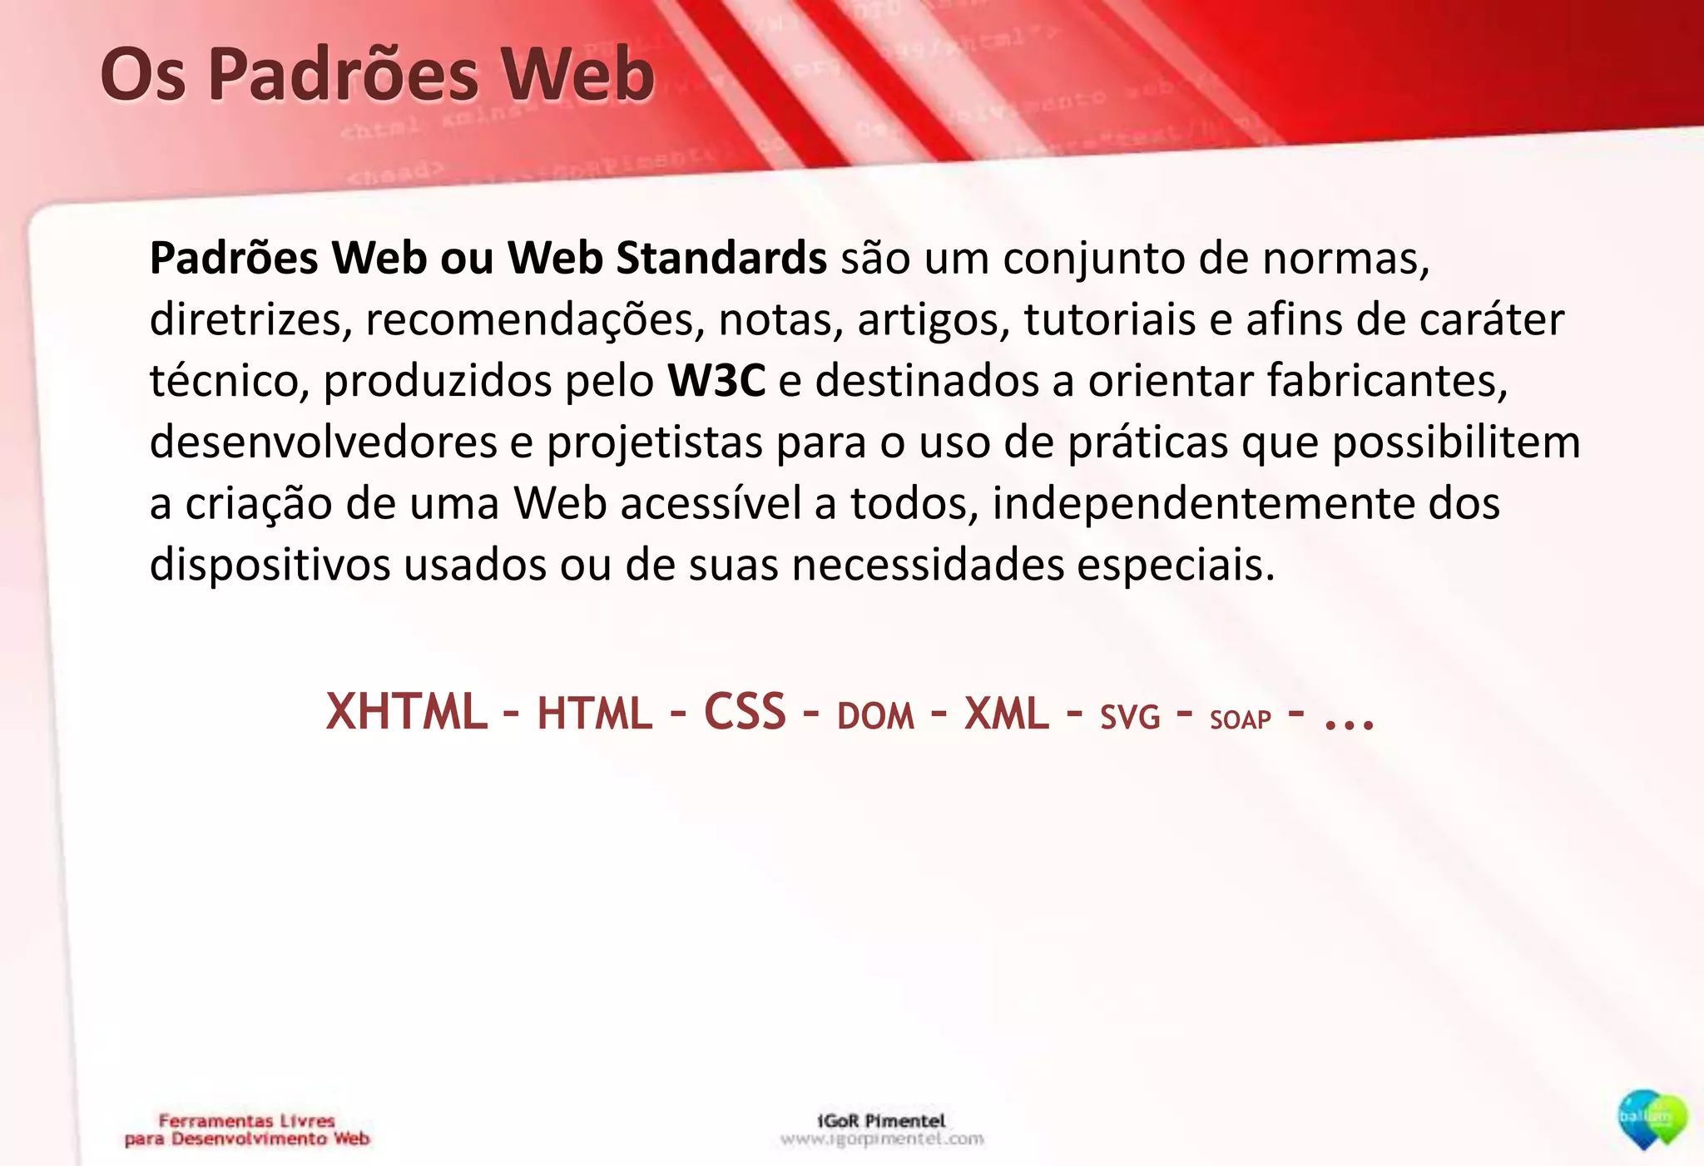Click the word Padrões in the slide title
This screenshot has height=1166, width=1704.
tap(344, 75)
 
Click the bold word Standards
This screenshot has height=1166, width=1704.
tap(721, 258)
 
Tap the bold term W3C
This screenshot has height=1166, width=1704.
tap(716, 381)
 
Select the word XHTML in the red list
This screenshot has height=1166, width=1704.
tap(406, 713)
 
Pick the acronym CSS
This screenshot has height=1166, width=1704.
tap(745, 713)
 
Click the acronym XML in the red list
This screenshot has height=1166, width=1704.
tap(1006, 714)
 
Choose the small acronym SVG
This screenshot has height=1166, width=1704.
tap(1130, 718)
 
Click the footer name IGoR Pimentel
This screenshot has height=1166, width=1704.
tap(881, 1120)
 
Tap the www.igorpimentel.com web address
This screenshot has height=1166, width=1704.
tap(882, 1139)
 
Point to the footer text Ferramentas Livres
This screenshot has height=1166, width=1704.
tap(246, 1120)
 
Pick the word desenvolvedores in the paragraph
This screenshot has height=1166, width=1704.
tap(323, 442)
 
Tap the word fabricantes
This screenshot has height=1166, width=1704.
tap(1387, 381)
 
